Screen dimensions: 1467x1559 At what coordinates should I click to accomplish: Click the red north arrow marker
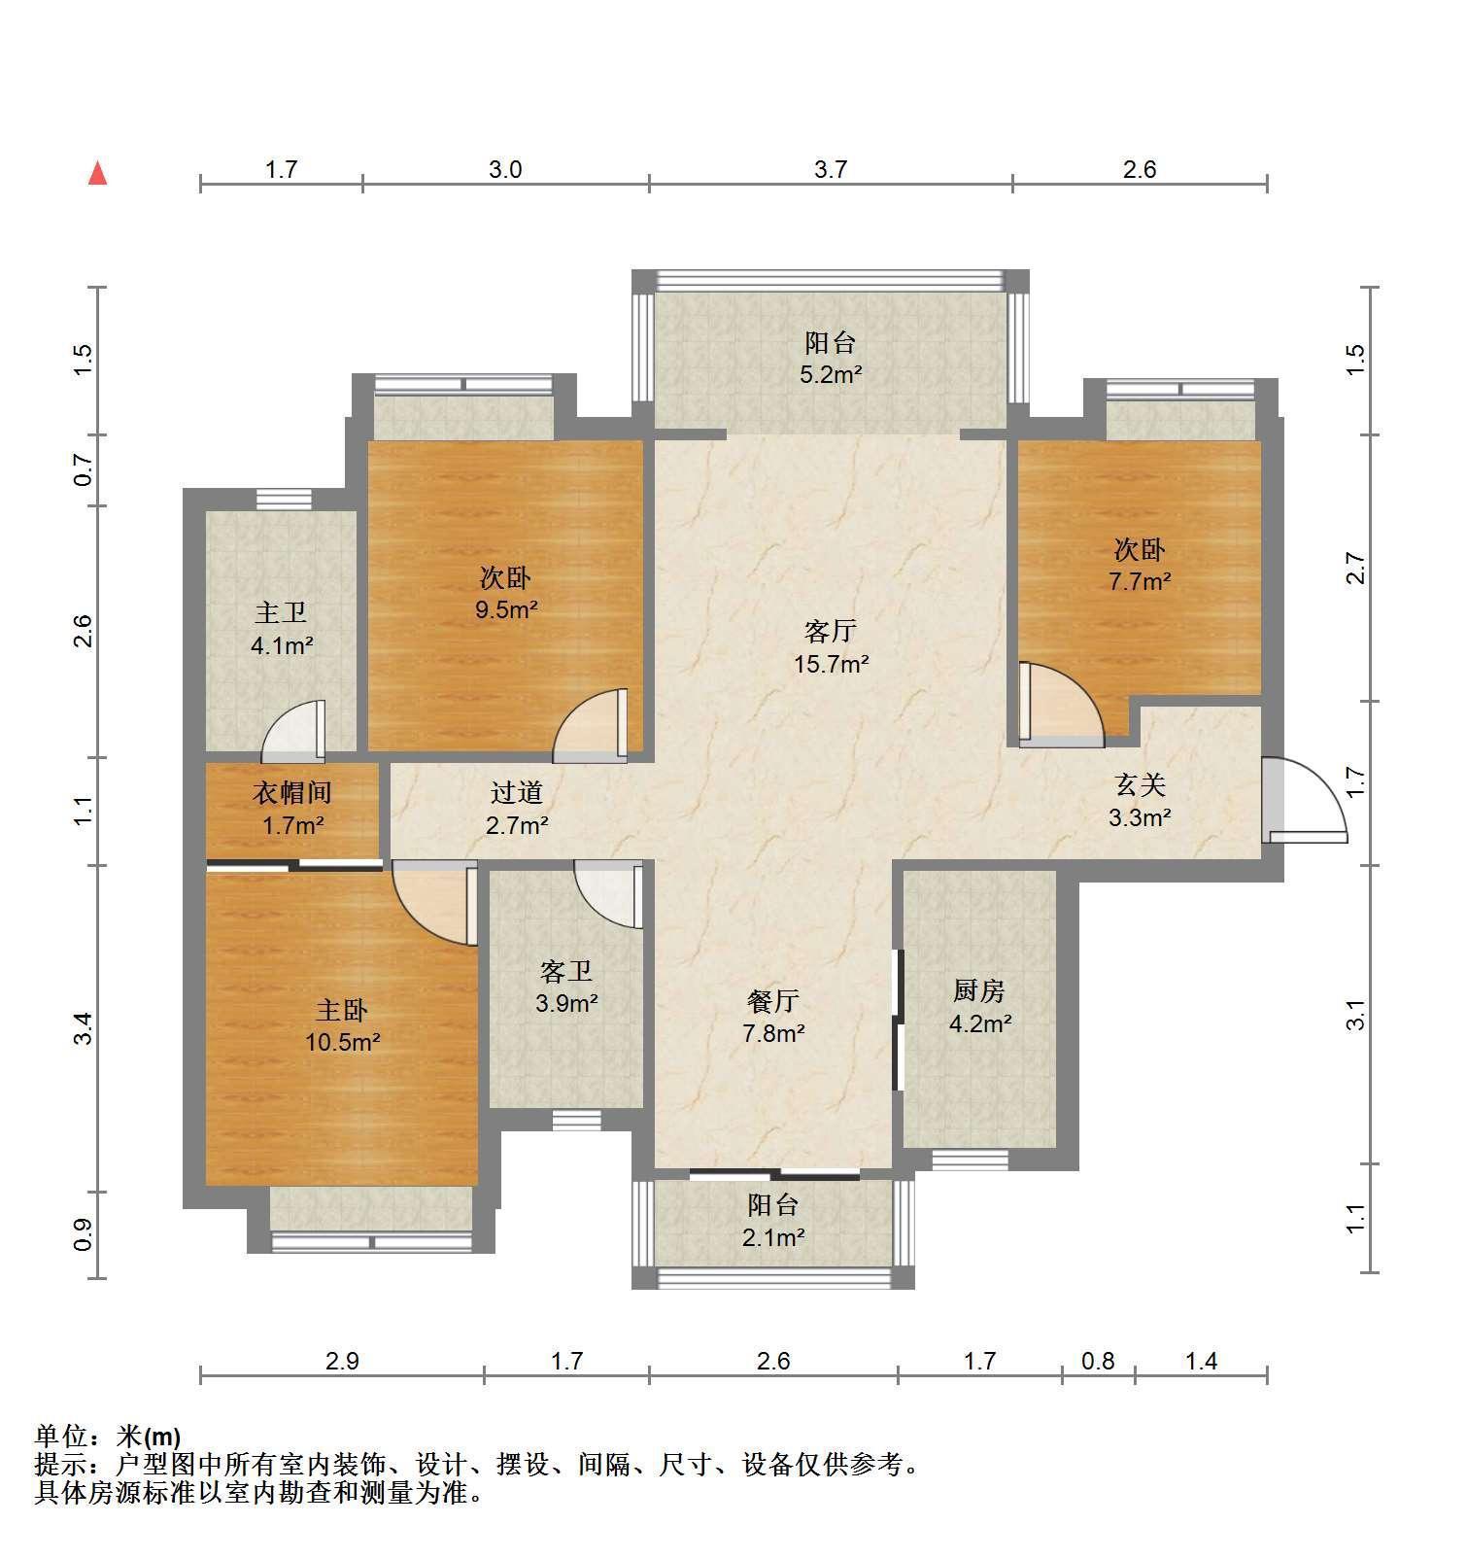pos(97,173)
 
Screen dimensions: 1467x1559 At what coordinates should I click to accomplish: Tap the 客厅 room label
pos(830,632)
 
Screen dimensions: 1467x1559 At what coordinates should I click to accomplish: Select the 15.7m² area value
pos(830,665)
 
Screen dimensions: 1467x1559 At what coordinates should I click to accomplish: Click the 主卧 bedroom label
pos(341,1010)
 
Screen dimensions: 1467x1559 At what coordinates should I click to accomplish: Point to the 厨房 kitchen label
pos(978,990)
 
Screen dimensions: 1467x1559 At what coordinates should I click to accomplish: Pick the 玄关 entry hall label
pos(1139,784)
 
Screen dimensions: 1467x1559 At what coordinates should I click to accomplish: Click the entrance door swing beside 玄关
pos(1307,799)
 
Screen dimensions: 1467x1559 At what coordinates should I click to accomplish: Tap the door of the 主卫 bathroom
pos(293,731)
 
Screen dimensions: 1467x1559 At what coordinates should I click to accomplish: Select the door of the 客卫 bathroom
pos(609,894)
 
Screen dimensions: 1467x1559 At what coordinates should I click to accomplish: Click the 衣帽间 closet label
pos(292,793)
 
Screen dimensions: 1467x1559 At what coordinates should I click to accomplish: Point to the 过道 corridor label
pos(516,793)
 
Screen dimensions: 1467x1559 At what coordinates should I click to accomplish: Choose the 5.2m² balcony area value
pos(831,374)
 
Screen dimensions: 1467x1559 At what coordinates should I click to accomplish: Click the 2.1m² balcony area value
pos(773,1237)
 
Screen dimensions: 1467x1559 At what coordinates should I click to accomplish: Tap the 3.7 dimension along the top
pos(831,169)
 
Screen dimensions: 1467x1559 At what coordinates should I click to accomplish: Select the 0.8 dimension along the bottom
pos(1098,1361)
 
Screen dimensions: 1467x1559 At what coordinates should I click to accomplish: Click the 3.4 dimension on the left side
pos(84,1028)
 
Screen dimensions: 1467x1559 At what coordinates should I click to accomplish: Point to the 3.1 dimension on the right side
pos(1356,1015)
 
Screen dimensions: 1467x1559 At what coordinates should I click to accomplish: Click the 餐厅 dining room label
pos(773,1000)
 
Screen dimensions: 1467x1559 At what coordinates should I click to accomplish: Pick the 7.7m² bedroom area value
pos(1140,582)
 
